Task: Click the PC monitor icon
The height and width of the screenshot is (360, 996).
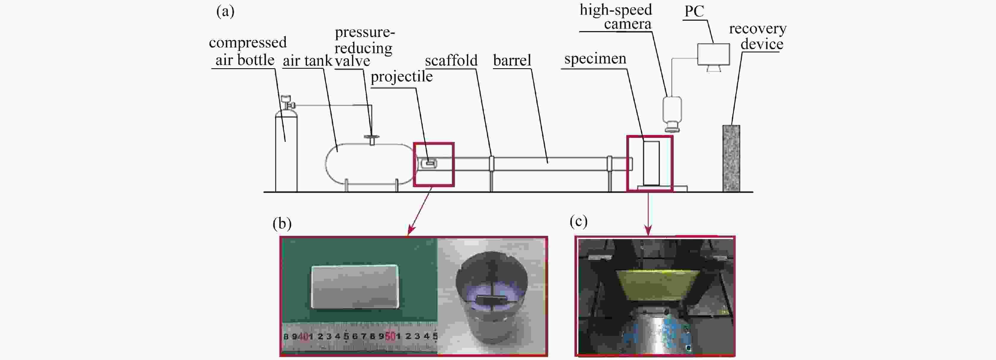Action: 713,54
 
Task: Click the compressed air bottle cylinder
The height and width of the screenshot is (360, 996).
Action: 286,151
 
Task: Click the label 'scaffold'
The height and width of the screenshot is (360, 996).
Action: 451,60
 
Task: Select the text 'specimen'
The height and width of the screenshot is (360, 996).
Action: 595,59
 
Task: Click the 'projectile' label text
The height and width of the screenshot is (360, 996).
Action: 401,77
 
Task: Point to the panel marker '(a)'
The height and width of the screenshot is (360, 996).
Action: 225,12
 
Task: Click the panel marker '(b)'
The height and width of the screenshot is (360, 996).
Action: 282,224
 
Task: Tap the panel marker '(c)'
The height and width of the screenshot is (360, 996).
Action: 578,221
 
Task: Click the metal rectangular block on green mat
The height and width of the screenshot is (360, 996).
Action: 355,286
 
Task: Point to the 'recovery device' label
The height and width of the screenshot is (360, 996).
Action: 758,36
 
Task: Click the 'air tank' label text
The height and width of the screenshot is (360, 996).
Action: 307,61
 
